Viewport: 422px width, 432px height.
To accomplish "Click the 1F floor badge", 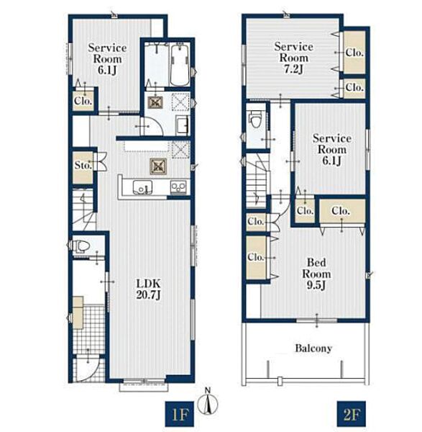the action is click(x=180, y=413).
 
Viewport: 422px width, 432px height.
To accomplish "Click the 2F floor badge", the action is click(x=352, y=413).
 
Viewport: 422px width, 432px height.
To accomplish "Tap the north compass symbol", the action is click(x=208, y=402).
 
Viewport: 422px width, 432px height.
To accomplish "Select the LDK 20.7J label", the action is click(x=148, y=289).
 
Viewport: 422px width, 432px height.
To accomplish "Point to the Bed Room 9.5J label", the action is click(x=316, y=274).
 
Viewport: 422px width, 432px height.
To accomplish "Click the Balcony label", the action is click(x=313, y=348).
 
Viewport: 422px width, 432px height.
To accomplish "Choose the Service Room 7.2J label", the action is click(x=293, y=58).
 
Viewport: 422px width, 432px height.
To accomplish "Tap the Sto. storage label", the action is click(x=83, y=166).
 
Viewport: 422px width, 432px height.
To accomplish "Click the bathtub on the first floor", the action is click(x=180, y=66).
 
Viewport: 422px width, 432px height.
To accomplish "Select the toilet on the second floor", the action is click(x=255, y=119).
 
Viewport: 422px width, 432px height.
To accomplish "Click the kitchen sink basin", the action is click(x=142, y=187).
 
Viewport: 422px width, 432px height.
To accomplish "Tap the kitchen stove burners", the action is click(x=178, y=187).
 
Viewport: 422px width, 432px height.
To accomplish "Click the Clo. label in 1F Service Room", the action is click(x=83, y=101).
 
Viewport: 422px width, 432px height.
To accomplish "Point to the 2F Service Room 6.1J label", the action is click(x=331, y=149).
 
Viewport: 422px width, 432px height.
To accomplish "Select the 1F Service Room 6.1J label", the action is click(x=107, y=59).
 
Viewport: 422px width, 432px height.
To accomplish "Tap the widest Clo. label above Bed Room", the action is click(x=341, y=211).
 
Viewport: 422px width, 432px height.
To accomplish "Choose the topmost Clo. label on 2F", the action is click(x=354, y=53).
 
